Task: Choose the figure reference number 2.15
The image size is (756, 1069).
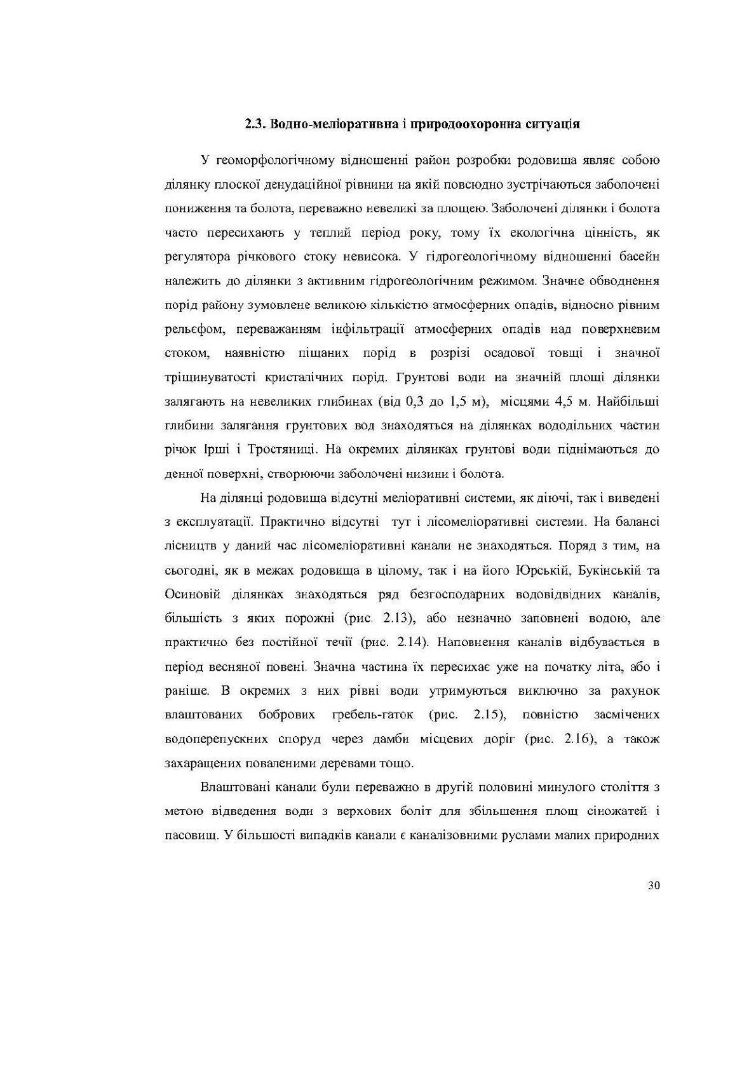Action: [488, 715]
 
